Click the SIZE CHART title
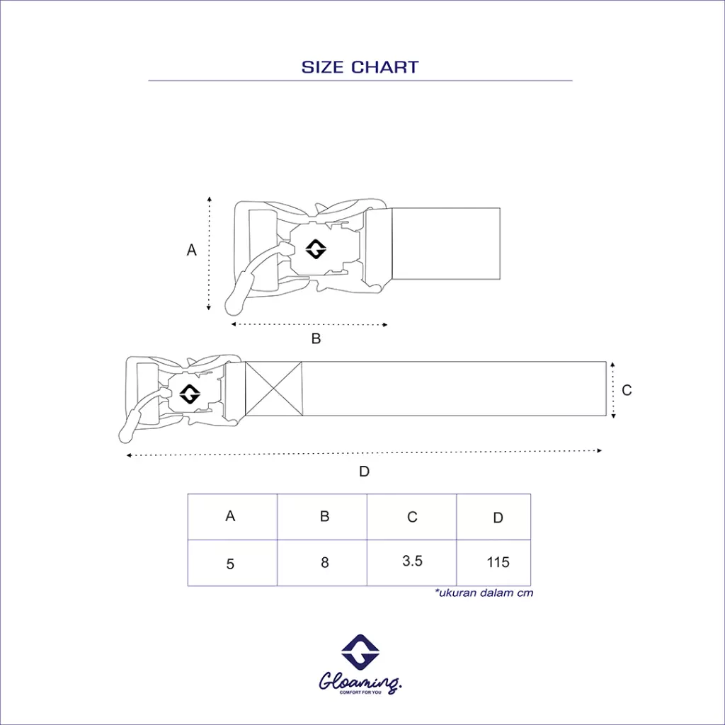(360, 67)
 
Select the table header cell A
(230, 517)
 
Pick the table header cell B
(324, 517)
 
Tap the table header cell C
(412, 518)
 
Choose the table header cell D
(498, 518)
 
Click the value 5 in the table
(230, 564)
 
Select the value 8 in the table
(324, 563)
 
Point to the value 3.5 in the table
(412, 561)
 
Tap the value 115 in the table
(498, 562)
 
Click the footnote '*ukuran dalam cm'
(484, 593)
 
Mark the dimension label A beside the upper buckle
(191, 250)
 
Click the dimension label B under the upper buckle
(316, 338)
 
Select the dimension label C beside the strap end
(627, 390)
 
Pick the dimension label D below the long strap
(364, 472)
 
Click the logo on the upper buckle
(316, 249)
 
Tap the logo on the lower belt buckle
(190, 394)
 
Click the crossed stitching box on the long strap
(273, 388)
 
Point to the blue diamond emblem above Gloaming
(361, 652)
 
